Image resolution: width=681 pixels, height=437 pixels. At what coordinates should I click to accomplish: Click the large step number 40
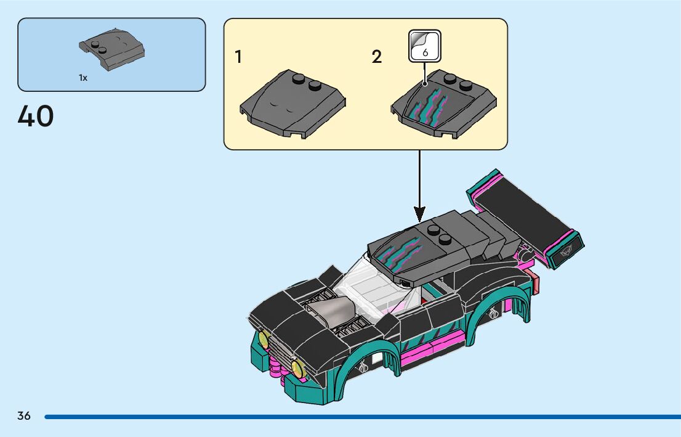(36, 116)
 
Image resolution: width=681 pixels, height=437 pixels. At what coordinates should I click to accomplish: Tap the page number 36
(24, 415)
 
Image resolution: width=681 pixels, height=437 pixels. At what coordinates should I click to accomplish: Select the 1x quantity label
(83, 78)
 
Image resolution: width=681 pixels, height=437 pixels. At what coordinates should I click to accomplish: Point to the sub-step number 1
(238, 57)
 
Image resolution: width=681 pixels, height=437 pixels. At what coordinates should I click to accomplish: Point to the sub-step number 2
(377, 57)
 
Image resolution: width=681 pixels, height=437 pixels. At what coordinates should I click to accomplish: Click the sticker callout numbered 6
(425, 46)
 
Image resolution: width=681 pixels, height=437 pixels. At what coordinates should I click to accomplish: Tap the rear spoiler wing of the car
(523, 216)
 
